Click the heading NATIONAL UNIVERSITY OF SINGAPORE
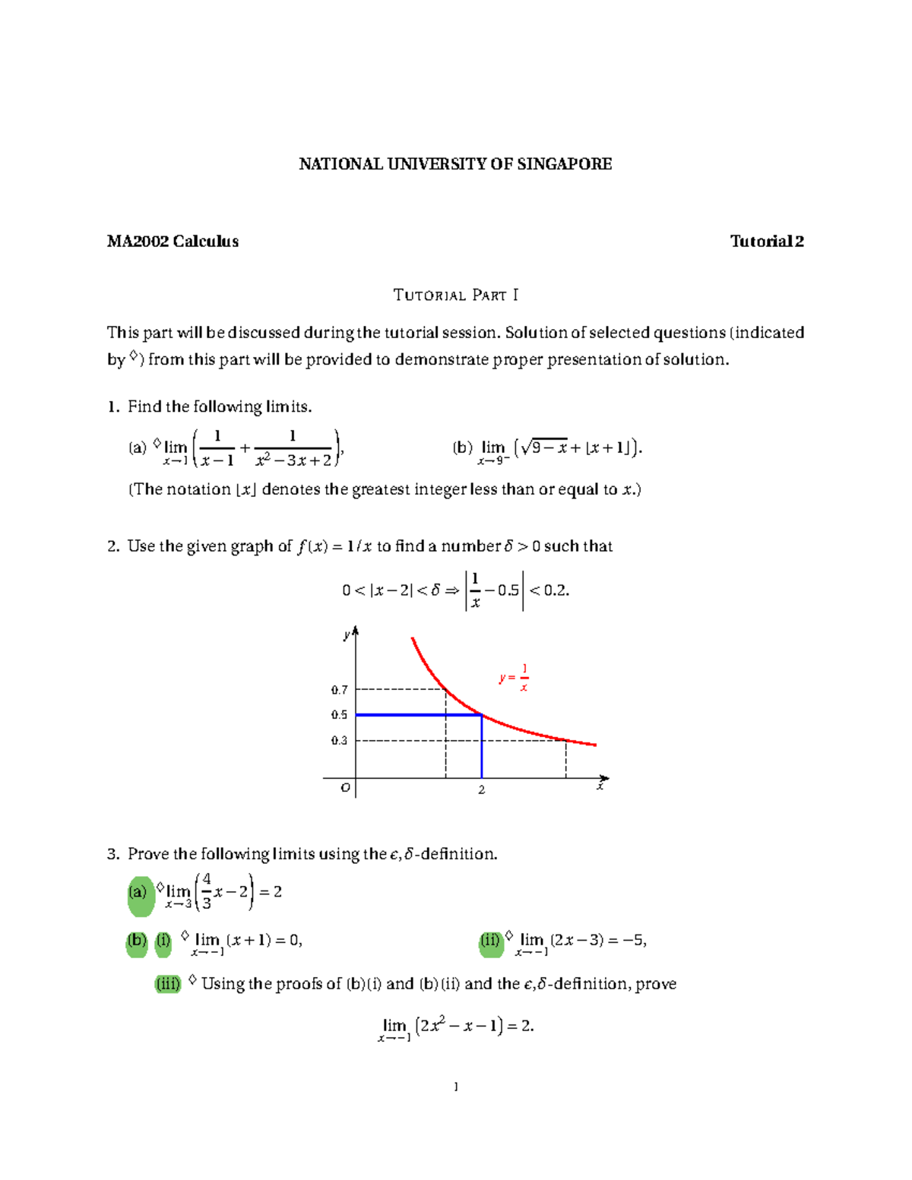455,164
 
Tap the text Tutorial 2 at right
766,242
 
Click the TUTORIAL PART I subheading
455,295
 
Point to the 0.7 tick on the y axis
339,690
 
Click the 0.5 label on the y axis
339,715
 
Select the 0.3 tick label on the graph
339,740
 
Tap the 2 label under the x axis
481,790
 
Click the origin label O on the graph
345,788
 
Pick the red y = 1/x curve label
515,677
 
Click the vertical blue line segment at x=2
482,748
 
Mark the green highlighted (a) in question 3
138,893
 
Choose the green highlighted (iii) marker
168,984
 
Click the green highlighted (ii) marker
491,941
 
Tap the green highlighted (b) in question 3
137,941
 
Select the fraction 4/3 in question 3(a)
207,891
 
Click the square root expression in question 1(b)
544,448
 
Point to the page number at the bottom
455,1087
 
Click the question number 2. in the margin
113,546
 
